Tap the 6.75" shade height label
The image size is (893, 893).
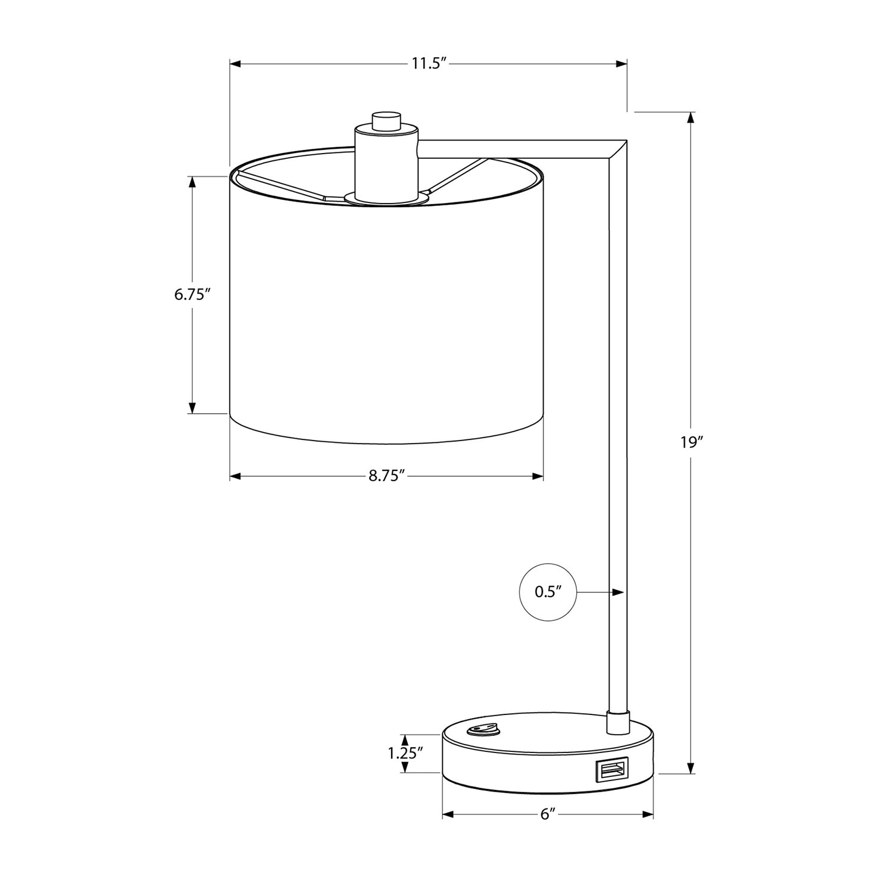coord(192,295)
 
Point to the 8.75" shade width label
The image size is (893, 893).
coord(386,476)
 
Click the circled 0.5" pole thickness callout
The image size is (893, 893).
coord(548,592)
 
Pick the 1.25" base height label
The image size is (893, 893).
coord(405,753)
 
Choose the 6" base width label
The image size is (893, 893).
coord(548,814)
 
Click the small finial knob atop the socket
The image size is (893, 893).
coord(386,120)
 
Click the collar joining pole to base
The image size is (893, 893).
coord(617,722)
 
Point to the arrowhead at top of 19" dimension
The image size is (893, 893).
coord(691,117)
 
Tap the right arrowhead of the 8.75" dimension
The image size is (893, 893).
coord(538,476)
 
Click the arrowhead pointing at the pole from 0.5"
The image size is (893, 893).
coord(619,592)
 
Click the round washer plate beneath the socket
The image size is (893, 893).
coord(386,199)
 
